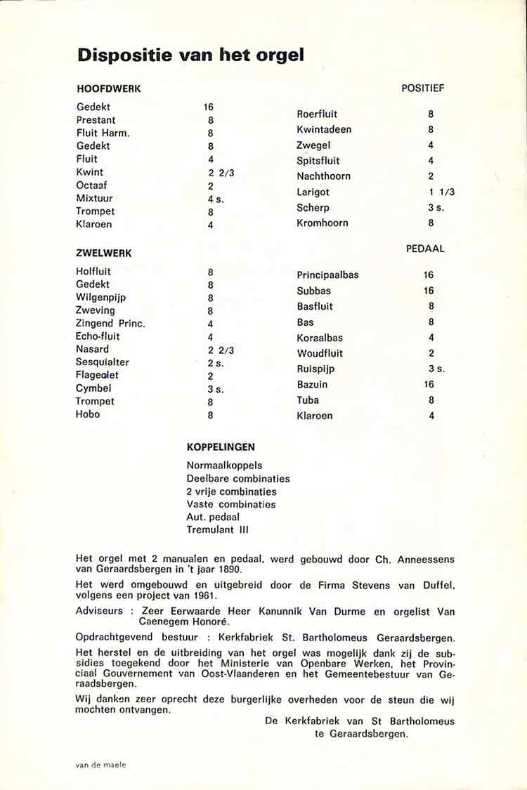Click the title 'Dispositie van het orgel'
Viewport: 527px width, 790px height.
pos(190,55)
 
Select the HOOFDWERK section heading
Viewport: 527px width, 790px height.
pos(109,89)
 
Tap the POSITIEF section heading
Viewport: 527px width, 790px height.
pos(423,88)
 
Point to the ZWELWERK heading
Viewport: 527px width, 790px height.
pos(104,253)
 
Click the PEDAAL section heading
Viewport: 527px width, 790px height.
pos(425,249)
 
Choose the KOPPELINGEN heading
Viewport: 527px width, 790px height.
pos(221,447)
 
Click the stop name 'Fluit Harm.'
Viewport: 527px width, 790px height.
pos(103,133)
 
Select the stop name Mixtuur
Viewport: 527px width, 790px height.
pos(94,198)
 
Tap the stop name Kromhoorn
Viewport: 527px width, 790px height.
pos(323,223)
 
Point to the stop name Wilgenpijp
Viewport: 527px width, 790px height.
pos(100,297)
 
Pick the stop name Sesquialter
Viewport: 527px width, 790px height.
pos(103,362)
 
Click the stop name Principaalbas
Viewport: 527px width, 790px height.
pos(327,275)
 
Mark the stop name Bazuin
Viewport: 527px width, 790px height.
pos(312,384)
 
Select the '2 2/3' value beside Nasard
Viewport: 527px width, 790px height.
pos(221,350)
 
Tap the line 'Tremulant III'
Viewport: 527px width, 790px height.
pos(218,529)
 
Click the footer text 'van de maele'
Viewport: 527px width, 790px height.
pos(102,765)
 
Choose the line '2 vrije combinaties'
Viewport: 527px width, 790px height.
pos(232,492)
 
